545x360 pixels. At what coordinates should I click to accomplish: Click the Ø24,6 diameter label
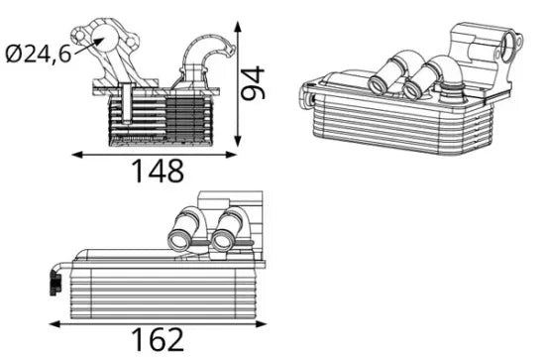tap(39, 55)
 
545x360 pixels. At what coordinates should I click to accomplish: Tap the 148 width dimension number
tap(159, 171)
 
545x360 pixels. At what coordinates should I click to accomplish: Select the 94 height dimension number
tap(253, 83)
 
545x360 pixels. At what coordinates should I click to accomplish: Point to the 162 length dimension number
tap(158, 339)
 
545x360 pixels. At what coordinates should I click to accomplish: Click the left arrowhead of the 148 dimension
tap(77, 155)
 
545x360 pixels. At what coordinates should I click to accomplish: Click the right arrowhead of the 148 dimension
tap(231, 155)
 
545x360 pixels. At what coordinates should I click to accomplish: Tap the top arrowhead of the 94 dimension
tap(238, 27)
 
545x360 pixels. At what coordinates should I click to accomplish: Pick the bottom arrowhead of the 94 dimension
tap(238, 141)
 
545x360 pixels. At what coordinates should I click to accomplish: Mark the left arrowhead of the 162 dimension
tap(54, 324)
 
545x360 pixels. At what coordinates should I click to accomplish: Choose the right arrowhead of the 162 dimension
tap(261, 324)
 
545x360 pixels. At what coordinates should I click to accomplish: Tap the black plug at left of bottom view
tap(54, 284)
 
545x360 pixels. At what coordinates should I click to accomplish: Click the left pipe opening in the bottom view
tap(179, 240)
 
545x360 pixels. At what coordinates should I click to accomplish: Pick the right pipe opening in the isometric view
tap(412, 89)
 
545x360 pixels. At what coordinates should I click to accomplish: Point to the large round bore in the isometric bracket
tap(511, 46)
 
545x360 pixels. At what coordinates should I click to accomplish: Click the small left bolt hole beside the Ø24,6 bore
tap(80, 36)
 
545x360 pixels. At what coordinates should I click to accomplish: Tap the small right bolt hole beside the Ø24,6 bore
tap(130, 43)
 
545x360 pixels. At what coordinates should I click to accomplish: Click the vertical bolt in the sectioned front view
tap(127, 103)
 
